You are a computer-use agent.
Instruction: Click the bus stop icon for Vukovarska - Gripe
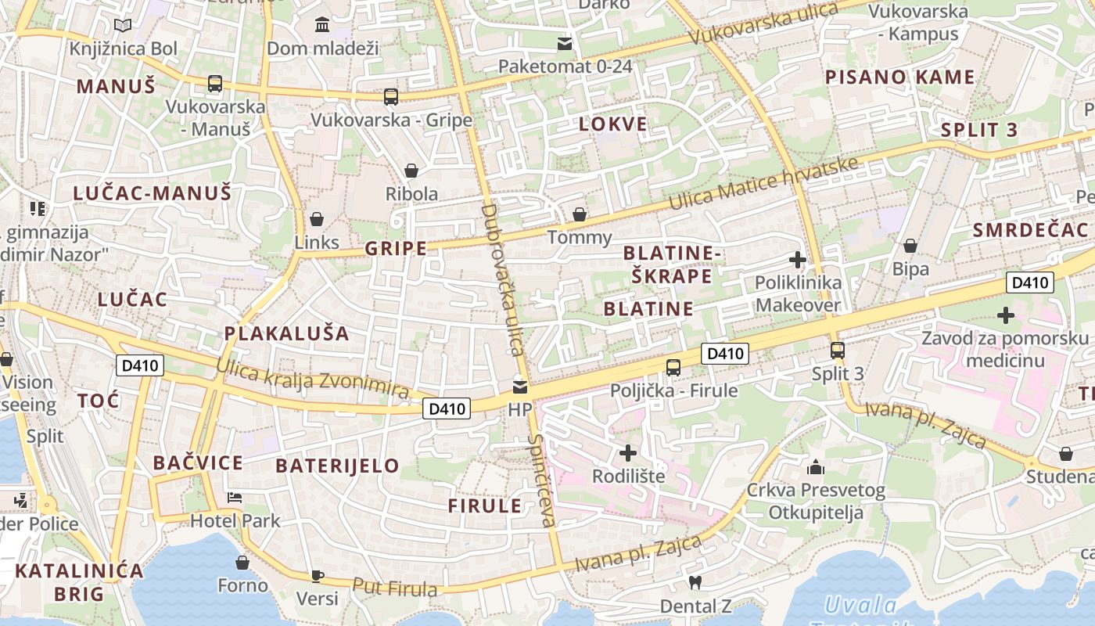click(x=391, y=97)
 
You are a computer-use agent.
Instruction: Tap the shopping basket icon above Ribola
click(x=411, y=171)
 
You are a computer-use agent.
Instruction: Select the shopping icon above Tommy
click(x=580, y=214)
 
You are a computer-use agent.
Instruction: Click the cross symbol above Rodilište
click(x=628, y=453)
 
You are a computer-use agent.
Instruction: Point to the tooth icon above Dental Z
click(x=694, y=582)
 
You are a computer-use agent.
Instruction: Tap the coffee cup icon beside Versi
click(x=318, y=576)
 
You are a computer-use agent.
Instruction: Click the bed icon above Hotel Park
click(x=235, y=498)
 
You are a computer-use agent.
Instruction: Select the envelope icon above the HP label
click(x=520, y=387)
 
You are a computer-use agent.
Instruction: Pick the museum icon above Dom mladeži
click(x=322, y=25)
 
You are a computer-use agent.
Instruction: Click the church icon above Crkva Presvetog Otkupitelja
click(x=816, y=468)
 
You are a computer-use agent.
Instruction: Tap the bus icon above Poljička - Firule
click(x=673, y=368)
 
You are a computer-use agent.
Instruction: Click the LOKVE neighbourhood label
click(x=613, y=124)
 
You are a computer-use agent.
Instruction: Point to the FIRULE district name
click(x=485, y=505)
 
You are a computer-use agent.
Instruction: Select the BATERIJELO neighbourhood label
click(x=337, y=466)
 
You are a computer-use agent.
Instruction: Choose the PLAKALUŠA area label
click(x=287, y=333)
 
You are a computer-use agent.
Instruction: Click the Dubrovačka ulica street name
click(x=501, y=279)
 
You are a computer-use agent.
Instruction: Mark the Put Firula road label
click(x=394, y=588)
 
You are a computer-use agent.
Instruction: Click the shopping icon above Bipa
click(x=910, y=246)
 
